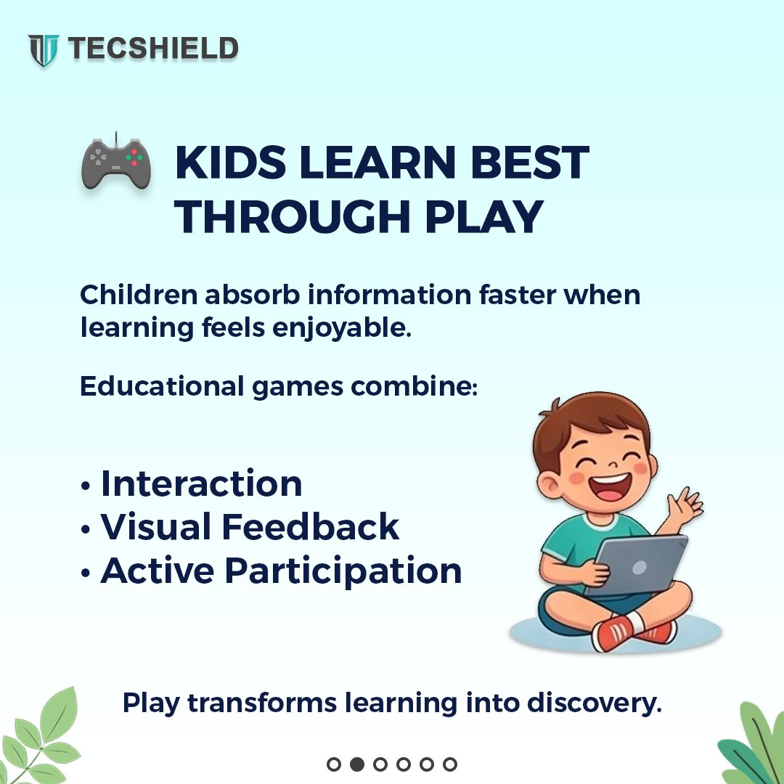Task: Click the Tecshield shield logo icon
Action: coord(44,50)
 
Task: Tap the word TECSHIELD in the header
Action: coord(153,49)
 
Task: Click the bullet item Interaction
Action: coord(201,483)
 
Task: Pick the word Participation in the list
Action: coord(343,571)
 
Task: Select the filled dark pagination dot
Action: coord(356,764)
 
